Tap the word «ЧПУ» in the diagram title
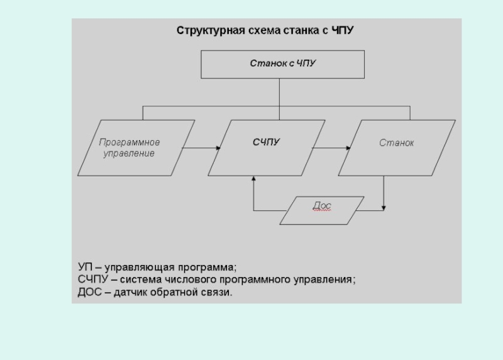342,30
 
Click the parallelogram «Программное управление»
136,148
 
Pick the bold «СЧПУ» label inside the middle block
266,142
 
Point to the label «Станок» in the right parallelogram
397,143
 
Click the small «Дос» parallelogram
322,210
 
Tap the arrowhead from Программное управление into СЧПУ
218,148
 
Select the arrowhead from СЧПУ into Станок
348,148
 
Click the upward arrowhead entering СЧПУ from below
253,178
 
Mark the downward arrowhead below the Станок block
384,208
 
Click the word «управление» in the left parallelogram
129,153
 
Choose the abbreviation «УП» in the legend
85,267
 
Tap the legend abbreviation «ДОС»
89,292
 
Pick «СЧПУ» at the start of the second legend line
92,279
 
